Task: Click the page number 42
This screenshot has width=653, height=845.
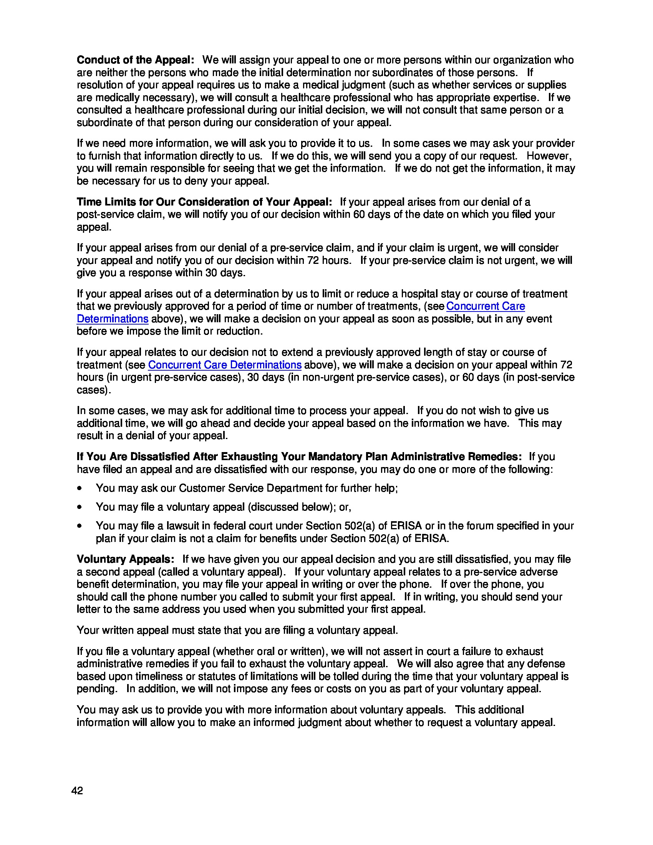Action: (x=77, y=791)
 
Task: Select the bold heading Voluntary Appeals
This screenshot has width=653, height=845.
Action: (x=125, y=559)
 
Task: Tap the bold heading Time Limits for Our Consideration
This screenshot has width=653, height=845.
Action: (x=204, y=202)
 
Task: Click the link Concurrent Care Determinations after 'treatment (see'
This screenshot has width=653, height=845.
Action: (x=224, y=365)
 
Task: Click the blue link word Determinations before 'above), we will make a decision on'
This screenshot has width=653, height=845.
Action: (x=113, y=319)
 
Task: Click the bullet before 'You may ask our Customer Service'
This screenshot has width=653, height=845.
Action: (x=80, y=488)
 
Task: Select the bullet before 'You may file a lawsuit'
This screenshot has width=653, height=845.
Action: (x=80, y=526)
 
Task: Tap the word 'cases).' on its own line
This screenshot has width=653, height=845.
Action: (x=94, y=390)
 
